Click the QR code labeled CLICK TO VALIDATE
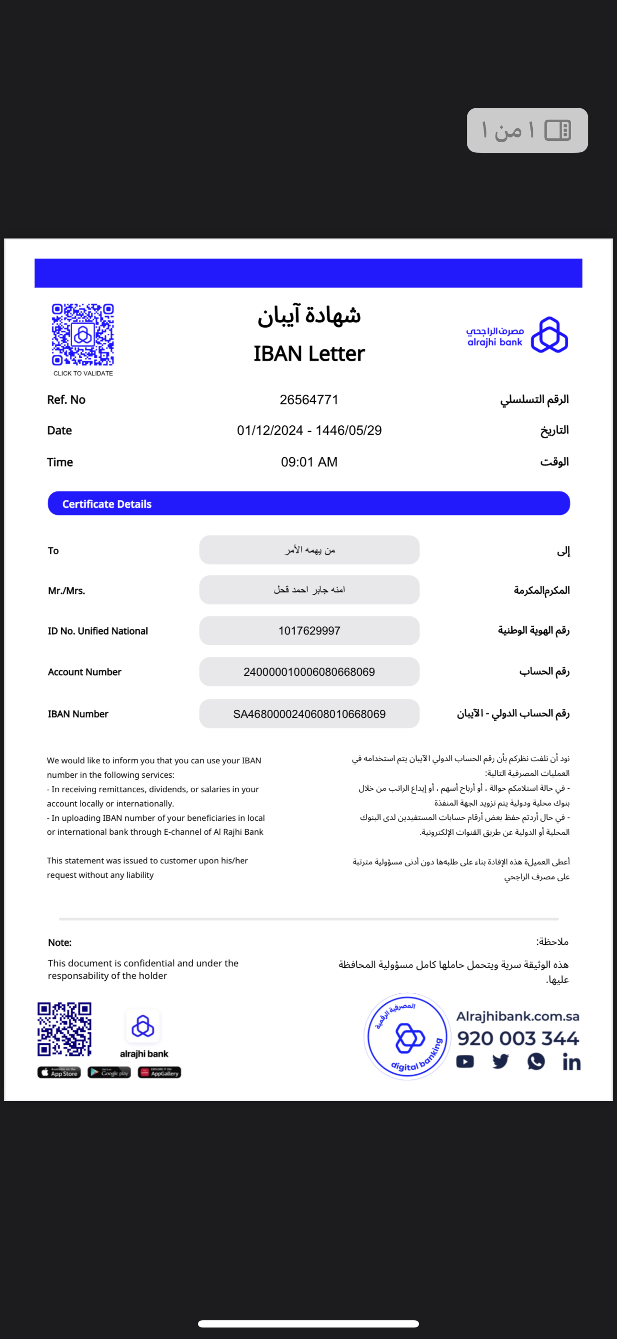click(83, 335)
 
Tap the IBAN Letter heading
click(309, 353)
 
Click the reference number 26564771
click(309, 400)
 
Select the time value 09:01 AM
click(309, 462)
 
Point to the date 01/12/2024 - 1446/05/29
click(309, 431)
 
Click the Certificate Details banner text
click(107, 504)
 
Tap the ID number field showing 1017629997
click(309, 631)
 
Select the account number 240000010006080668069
click(309, 671)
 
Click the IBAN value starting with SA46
click(309, 714)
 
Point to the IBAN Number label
click(78, 714)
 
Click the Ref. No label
click(66, 400)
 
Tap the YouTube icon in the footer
click(465, 1061)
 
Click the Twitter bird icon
click(500, 1061)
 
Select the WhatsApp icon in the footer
click(536, 1061)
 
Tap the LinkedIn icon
click(571, 1062)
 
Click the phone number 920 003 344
click(518, 1038)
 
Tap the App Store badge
click(59, 1072)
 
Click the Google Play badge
click(109, 1072)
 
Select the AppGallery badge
click(159, 1072)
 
